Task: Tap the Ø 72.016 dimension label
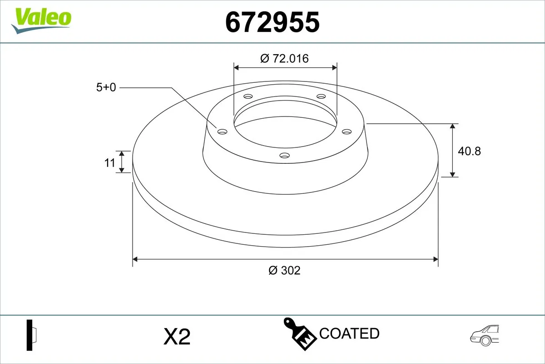pyautogui.click(x=285, y=58)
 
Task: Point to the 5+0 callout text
pyautogui.click(x=106, y=87)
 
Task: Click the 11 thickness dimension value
pyautogui.click(x=110, y=162)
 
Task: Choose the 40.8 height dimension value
pyautogui.click(x=469, y=151)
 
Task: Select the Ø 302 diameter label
pyautogui.click(x=285, y=270)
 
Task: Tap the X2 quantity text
pyautogui.click(x=176, y=337)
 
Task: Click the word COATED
pyautogui.click(x=349, y=334)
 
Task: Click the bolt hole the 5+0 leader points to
pyautogui.click(x=222, y=131)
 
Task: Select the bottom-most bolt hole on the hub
pyautogui.click(x=285, y=156)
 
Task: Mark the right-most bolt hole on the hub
pyautogui.click(x=347, y=131)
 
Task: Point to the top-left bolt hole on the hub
pyautogui.click(x=248, y=96)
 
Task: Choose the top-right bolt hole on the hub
pyautogui.click(x=322, y=96)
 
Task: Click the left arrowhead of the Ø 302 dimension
pyautogui.click(x=135, y=259)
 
